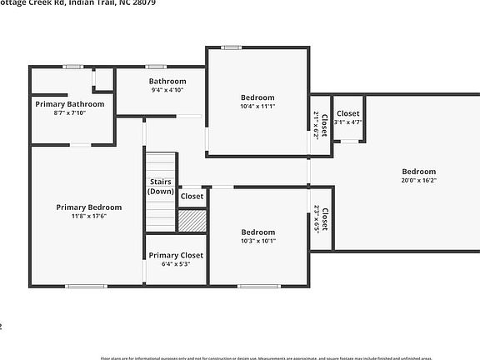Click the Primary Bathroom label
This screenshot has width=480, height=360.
pyautogui.click(x=69, y=103)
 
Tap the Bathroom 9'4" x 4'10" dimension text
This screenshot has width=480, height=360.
pyautogui.click(x=167, y=89)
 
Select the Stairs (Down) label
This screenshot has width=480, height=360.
pyautogui.click(x=161, y=186)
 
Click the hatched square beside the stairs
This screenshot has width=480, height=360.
pyautogui.click(x=191, y=220)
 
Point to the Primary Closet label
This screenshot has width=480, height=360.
pyautogui.click(x=175, y=255)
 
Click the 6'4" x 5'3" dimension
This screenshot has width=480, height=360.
pyautogui.click(x=175, y=264)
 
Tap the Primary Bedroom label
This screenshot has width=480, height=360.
pyautogui.click(x=88, y=207)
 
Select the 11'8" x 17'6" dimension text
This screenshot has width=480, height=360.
pyautogui.click(x=88, y=216)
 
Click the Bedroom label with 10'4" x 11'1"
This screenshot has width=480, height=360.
pyautogui.click(x=257, y=97)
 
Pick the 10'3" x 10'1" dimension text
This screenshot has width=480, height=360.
pyautogui.click(x=257, y=241)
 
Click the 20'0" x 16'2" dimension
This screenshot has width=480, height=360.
pyautogui.click(x=418, y=180)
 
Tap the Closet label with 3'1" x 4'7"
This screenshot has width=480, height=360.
pyautogui.click(x=347, y=113)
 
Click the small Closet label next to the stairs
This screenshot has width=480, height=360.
pyautogui.click(x=192, y=197)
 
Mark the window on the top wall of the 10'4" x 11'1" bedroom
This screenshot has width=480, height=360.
pyautogui.click(x=232, y=47)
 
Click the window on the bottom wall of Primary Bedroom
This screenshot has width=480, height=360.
pyautogui.click(x=87, y=287)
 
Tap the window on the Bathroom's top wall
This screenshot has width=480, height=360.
pyautogui.click(x=156, y=67)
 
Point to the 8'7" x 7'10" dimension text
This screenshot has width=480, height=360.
pyautogui.click(x=69, y=112)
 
